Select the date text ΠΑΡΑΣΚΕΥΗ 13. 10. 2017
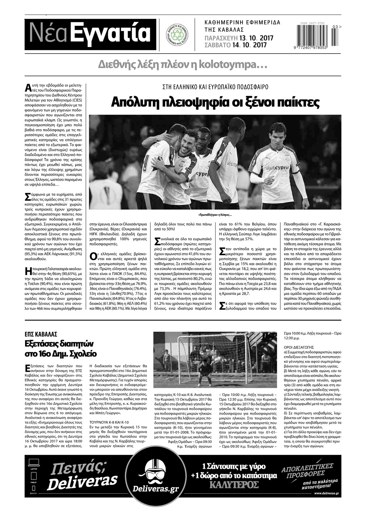pyautogui.click(x=239, y=38)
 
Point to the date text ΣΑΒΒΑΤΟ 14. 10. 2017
pyautogui.click(x=236, y=45)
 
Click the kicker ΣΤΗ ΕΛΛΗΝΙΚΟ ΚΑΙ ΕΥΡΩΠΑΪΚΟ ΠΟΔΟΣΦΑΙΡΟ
pyautogui.click(x=215, y=87)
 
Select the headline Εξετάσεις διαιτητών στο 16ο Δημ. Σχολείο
pyautogui.click(x=61, y=349)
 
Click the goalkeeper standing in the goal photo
pyautogui.click(x=206, y=370)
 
